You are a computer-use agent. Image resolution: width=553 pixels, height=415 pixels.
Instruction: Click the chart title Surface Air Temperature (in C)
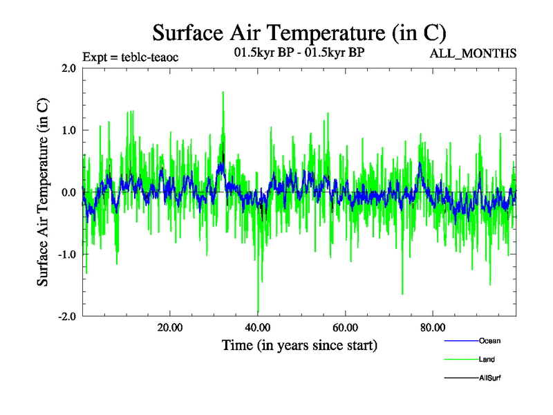[x=299, y=33]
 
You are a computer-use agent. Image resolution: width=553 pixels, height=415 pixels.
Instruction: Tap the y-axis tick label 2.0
[x=68, y=68]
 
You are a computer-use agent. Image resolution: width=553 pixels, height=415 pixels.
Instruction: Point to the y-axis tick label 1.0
[x=68, y=130]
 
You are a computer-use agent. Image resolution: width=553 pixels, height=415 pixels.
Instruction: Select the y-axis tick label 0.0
[x=68, y=192]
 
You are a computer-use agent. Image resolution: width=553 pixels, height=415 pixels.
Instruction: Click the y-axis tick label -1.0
[x=66, y=254]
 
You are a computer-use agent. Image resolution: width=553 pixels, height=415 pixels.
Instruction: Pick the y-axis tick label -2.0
[x=66, y=316]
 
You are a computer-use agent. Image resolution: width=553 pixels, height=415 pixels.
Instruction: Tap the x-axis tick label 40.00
[x=257, y=328]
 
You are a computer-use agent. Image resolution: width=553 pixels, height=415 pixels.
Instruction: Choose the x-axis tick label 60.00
[x=345, y=328]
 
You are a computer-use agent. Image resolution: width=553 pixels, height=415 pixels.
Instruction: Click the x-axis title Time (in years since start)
[x=299, y=344]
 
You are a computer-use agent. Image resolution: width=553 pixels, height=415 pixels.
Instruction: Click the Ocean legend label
[x=489, y=341]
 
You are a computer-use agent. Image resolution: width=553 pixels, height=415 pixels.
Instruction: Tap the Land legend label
[x=487, y=360]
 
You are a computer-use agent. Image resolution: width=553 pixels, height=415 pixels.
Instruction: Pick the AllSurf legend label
[x=490, y=378]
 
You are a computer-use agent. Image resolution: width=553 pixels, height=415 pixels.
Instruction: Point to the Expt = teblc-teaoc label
[x=131, y=57]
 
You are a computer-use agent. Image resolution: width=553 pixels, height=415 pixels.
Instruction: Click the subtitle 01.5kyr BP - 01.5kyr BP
[x=299, y=51]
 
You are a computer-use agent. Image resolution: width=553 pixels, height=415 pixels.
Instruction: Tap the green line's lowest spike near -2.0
[x=258, y=312]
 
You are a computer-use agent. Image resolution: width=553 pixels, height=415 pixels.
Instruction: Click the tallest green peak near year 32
[x=223, y=92]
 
